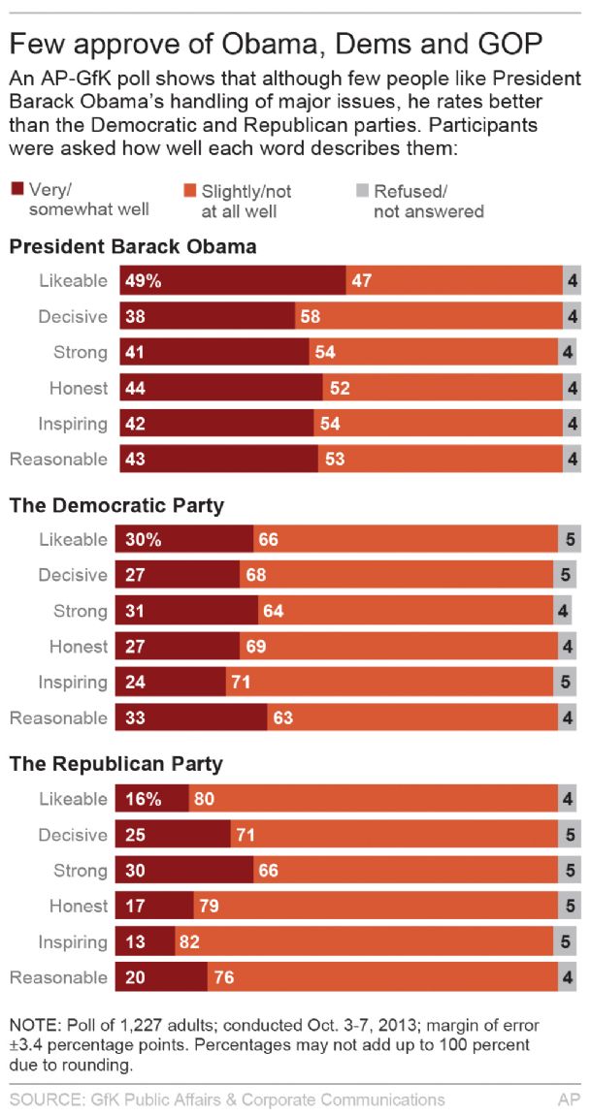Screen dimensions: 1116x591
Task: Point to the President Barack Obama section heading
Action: point(133,246)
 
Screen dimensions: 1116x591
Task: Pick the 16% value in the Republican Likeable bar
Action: point(144,799)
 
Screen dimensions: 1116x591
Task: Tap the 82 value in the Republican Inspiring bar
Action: point(189,941)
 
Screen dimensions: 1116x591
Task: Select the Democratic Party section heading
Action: point(116,505)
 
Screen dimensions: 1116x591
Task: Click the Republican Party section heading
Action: point(116,764)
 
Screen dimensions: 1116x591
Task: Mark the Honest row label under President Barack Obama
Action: point(79,388)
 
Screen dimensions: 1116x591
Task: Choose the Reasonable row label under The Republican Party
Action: point(58,977)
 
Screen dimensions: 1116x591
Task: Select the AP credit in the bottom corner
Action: point(569,1099)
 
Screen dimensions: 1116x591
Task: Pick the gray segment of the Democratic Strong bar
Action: point(564,611)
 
